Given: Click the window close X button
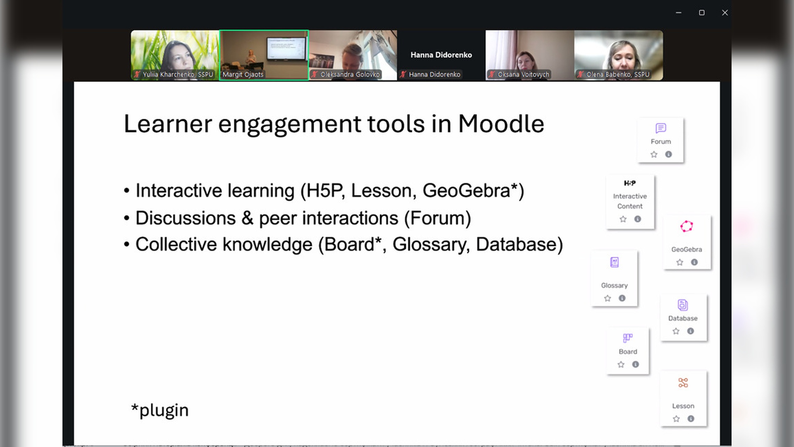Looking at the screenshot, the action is (x=725, y=13).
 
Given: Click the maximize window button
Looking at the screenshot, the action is (x=702, y=13).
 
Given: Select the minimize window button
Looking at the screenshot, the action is (x=679, y=13).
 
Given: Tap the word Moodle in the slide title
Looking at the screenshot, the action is (x=501, y=124).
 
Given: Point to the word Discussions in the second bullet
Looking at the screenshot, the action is (x=186, y=218).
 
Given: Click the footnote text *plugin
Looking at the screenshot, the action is (x=160, y=410).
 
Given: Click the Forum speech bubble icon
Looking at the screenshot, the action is (x=661, y=128).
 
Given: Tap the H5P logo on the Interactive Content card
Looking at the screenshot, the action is (x=630, y=183).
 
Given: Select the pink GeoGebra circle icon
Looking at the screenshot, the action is (x=686, y=226).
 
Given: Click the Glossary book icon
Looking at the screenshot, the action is (x=615, y=262).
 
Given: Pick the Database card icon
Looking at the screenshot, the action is (x=683, y=305).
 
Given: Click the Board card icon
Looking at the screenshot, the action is (x=628, y=338).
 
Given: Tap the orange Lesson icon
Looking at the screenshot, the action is (x=683, y=383).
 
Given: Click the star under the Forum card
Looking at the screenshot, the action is (x=654, y=154).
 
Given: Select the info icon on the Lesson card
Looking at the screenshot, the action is (x=691, y=418).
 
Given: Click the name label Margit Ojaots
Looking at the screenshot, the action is (x=243, y=74).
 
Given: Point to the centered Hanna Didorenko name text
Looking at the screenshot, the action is (x=441, y=55).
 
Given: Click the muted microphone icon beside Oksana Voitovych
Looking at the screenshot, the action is (x=492, y=74).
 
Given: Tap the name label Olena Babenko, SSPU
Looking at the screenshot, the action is (x=618, y=74).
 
